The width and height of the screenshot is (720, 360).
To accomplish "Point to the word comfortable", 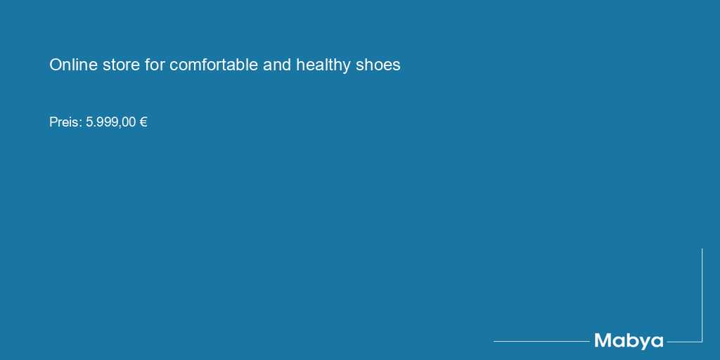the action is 214,65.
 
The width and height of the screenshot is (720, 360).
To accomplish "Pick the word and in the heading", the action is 277,65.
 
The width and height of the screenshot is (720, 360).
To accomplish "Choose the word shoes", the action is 378,65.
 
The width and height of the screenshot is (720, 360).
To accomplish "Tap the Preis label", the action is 65,122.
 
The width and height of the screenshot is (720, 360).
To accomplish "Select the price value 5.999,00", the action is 111,122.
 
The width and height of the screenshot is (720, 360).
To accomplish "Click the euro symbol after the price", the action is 143,122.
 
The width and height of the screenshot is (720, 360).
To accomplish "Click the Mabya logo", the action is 629,342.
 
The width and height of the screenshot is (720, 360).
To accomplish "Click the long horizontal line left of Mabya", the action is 541,341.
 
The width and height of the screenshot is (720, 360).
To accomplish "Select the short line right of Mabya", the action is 684,342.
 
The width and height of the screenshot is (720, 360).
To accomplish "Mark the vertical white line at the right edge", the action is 702,295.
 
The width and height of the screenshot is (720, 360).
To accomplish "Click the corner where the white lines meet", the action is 702,342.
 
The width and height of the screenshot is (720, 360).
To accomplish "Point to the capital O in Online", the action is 55,65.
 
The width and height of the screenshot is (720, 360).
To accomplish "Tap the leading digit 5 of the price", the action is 89,122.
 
